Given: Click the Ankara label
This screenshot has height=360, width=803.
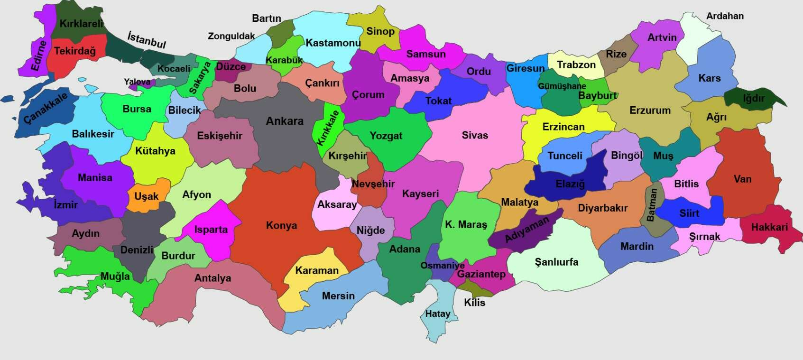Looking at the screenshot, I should tap(285, 121).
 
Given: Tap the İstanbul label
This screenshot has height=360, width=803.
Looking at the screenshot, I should tap(147, 39).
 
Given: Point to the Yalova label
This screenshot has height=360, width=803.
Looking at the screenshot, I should tap(137, 82).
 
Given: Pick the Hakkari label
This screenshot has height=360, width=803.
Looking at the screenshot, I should tap(769, 227).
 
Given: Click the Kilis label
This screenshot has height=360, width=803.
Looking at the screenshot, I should tap(474, 302).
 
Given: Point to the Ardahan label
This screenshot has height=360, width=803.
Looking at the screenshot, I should tap(725, 16).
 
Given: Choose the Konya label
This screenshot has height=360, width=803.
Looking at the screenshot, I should tap(281, 225).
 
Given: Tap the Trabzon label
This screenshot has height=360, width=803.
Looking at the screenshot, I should tap(576, 65).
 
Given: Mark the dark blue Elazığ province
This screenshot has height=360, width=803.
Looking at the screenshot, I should tap(570, 183).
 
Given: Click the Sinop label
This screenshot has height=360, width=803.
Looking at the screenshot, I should tap(380, 31).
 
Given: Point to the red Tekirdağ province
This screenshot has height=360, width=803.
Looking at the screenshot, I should tap(74, 51).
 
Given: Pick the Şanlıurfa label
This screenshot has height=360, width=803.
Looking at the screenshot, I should tap(556, 262).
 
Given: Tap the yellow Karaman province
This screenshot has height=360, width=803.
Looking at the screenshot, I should tap(316, 273).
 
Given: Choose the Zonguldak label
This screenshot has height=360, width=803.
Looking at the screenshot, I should tap(231, 36).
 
